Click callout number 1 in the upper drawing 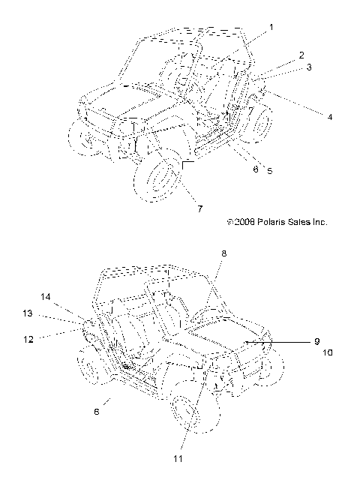(x=271, y=28)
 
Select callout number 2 (x=301, y=55)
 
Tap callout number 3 (x=309, y=67)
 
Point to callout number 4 (x=330, y=117)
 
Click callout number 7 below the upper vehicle (x=199, y=208)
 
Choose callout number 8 (x=224, y=253)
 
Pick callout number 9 (x=317, y=341)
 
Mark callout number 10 (x=328, y=352)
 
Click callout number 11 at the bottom (x=178, y=458)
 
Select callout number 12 (x=28, y=339)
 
